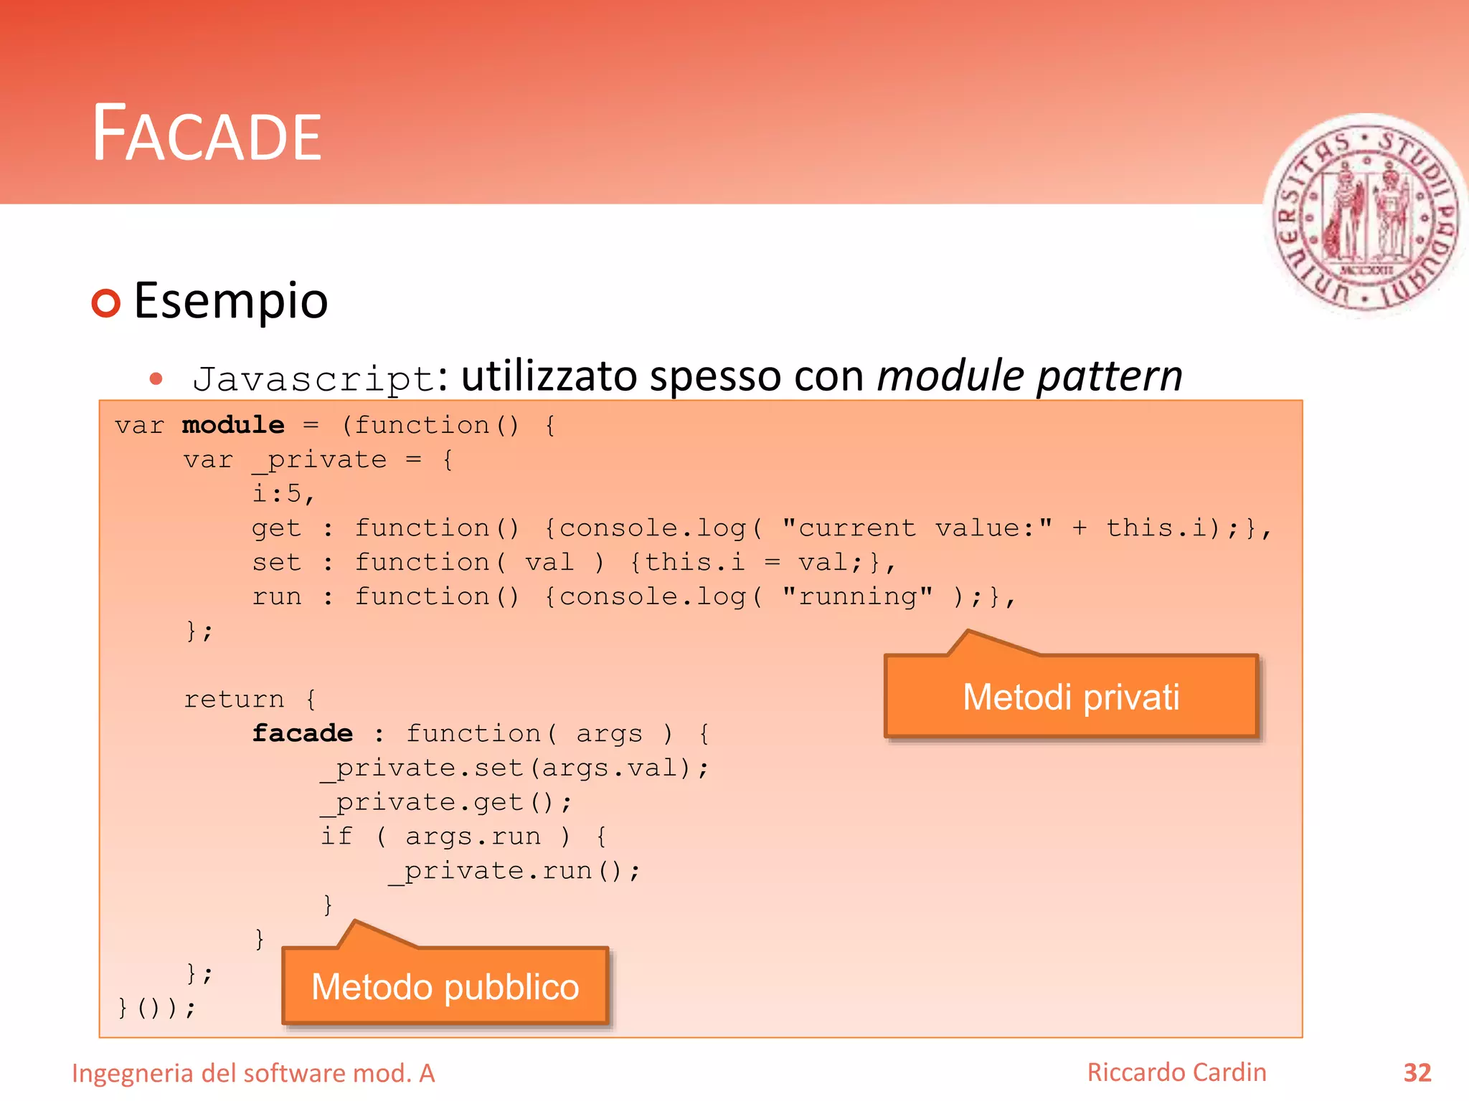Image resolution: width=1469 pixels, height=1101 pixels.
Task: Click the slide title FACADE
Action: (207, 133)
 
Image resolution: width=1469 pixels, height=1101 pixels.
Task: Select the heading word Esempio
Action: (231, 300)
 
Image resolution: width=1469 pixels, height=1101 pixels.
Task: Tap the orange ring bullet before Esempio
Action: (106, 303)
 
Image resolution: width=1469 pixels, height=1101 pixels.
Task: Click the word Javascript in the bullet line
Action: (314, 378)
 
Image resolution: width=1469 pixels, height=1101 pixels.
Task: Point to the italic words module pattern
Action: (1029, 376)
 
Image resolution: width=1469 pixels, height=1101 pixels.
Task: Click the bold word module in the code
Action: (233, 425)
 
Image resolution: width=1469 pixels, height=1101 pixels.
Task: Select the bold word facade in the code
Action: (302, 733)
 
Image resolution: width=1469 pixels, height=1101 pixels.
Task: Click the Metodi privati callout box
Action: (1071, 697)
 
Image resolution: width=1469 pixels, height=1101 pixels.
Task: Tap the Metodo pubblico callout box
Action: (445, 986)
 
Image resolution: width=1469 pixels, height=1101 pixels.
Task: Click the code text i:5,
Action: (283, 494)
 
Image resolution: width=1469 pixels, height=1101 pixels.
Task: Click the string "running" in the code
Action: (857, 596)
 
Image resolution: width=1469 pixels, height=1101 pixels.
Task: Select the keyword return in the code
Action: (234, 699)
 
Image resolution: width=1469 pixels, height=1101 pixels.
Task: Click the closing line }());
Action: (156, 1008)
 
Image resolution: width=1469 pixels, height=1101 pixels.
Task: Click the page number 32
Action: (1417, 1072)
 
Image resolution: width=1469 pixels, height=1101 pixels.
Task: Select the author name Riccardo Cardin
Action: (1176, 1072)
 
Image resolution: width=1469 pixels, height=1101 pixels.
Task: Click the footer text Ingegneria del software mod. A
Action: (253, 1073)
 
